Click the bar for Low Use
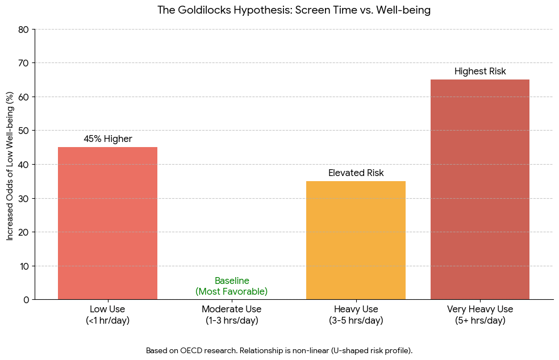click(x=107, y=223)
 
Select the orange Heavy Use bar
click(x=356, y=240)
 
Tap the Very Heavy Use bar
click(x=479, y=189)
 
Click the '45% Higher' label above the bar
click(x=107, y=139)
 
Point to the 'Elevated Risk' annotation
click(x=356, y=173)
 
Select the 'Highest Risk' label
click(x=479, y=72)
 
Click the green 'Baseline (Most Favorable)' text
click(x=231, y=286)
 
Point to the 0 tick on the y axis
click(x=26, y=300)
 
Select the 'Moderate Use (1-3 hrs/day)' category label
click(x=231, y=315)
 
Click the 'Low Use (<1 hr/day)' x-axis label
click(x=107, y=315)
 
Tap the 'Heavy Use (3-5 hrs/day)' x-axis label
click(x=356, y=315)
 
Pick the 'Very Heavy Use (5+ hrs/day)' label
click(x=479, y=315)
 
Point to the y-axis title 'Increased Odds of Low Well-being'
click(x=10, y=165)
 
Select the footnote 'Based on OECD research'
click(x=279, y=350)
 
